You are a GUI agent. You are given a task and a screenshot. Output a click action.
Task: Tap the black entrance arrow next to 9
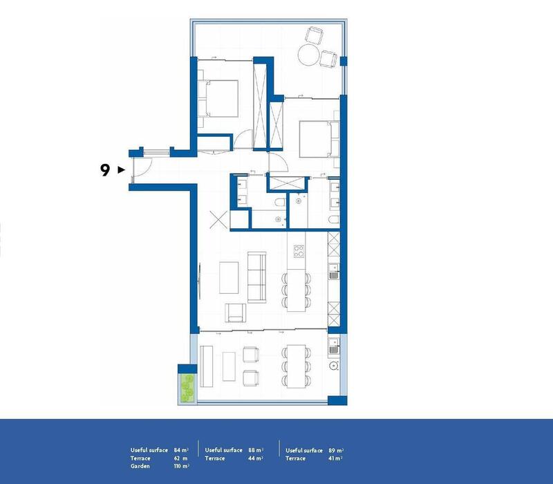tap(121, 169)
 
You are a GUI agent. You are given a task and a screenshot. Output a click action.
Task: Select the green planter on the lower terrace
tap(185, 386)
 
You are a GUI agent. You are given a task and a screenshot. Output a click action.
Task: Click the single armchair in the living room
tap(236, 313)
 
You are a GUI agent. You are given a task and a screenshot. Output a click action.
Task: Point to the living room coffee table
tap(229, 277)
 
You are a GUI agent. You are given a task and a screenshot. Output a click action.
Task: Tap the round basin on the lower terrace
tap(334, 366)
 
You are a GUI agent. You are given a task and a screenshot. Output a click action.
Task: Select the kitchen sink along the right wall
tap(333, 273)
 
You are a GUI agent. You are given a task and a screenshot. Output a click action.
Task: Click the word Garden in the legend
tap(140, 465)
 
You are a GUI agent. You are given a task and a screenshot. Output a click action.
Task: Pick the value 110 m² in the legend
tap(182, 465)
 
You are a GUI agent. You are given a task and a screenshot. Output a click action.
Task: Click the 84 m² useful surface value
tap(182, 450)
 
